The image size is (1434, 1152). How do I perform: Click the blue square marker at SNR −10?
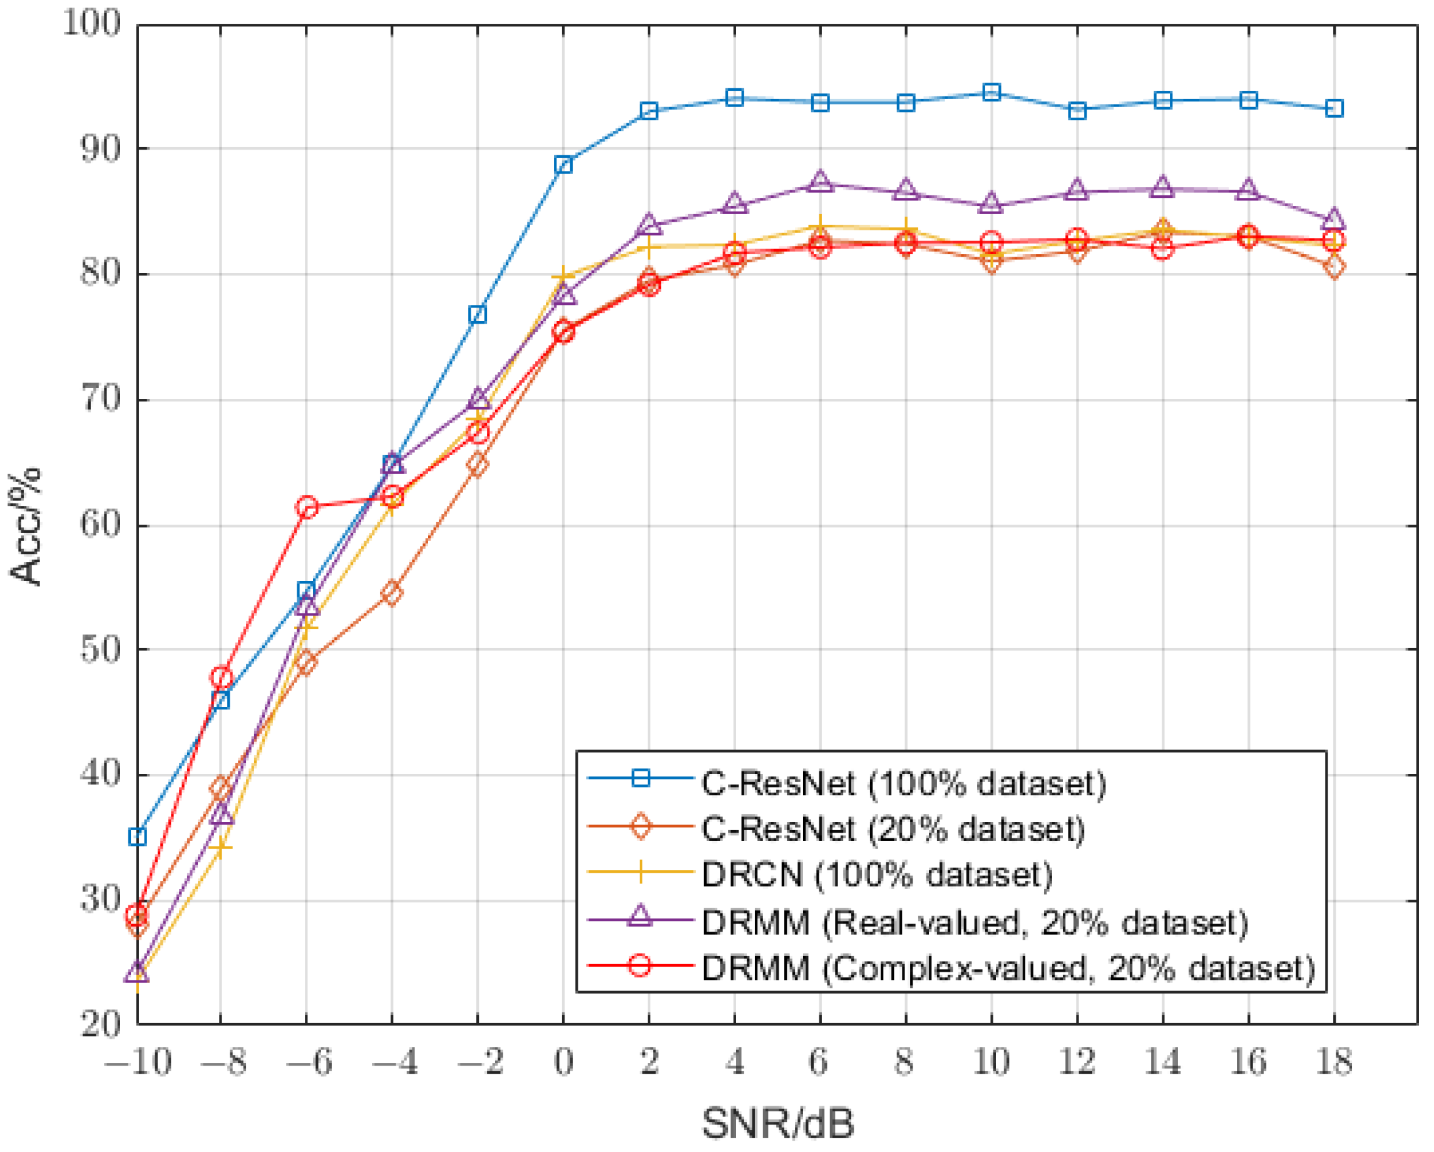(138, 836)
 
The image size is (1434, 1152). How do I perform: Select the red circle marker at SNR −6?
(307, 508)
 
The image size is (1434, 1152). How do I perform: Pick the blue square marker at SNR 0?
(563, 164)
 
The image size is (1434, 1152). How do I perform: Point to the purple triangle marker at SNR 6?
(820, 182)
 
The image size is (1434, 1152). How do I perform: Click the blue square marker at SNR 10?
(991, 93)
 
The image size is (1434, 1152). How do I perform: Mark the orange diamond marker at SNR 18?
(1334, 267)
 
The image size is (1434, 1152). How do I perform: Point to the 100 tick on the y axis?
(93, 24)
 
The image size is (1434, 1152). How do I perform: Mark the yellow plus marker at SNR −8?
(221, 848)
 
